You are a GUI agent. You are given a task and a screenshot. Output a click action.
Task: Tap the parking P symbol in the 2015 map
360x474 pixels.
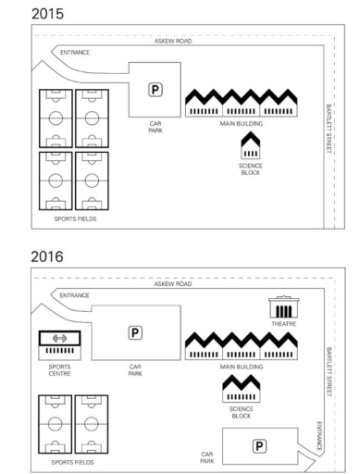click(x=155, y=88)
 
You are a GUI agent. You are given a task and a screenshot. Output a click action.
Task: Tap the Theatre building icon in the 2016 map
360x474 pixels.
click(x=281, y=308)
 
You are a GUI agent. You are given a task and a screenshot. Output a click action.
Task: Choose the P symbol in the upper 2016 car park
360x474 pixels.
click(x=135, y=331)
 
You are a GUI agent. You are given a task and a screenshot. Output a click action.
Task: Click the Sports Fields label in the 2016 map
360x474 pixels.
click(x=74, y=460)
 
